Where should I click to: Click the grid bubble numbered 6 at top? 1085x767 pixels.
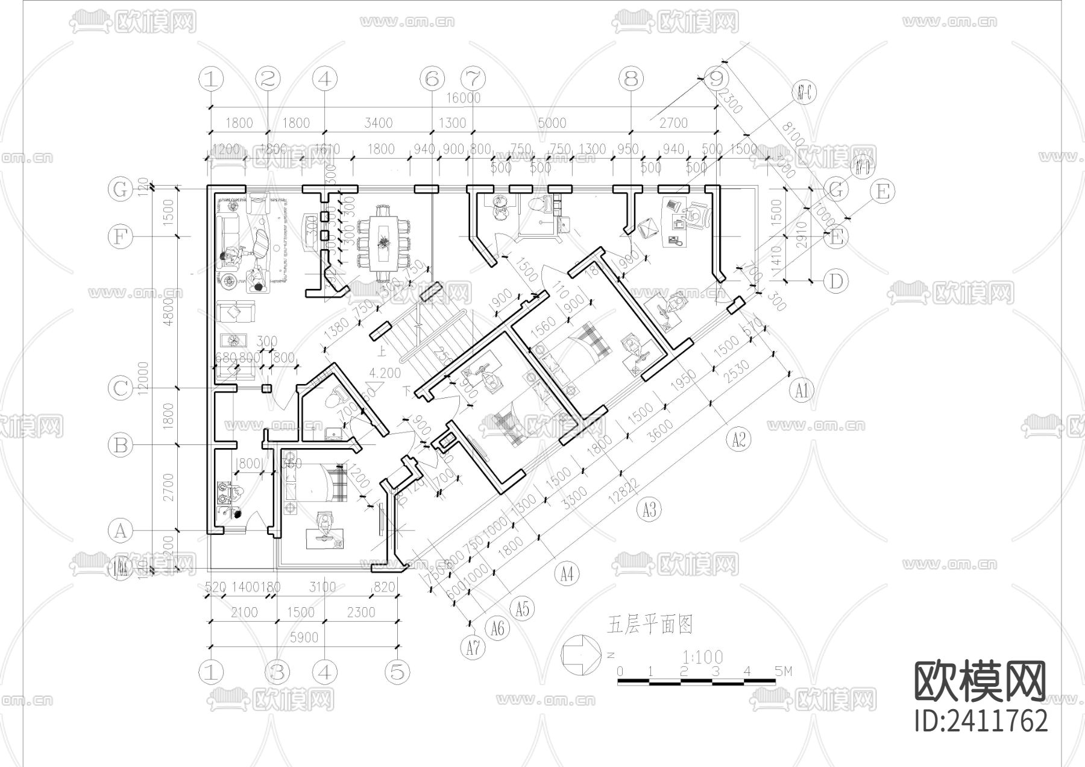(x=431, y=78)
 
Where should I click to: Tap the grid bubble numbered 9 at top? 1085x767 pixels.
(x=716, y=78)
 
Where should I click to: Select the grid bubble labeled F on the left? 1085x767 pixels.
(x=120, y=236)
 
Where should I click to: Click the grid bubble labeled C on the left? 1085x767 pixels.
(x=120, y=388)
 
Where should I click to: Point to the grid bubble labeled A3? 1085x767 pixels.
(x=649, y=510)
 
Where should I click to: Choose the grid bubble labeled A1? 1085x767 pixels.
(x=801, y=391)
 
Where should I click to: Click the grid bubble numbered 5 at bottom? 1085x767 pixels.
(x=396, y=672)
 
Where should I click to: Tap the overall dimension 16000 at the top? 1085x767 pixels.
(x=463, y=98)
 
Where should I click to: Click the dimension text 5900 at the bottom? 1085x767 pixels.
(x=304, y=637)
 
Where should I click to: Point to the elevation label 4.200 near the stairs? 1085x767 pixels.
(x=385, y=373)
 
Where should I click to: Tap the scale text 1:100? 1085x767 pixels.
(x=702, y=656)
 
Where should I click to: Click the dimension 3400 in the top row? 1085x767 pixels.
(x=378, y=123)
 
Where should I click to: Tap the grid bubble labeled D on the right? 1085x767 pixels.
(x=835, y=281)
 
